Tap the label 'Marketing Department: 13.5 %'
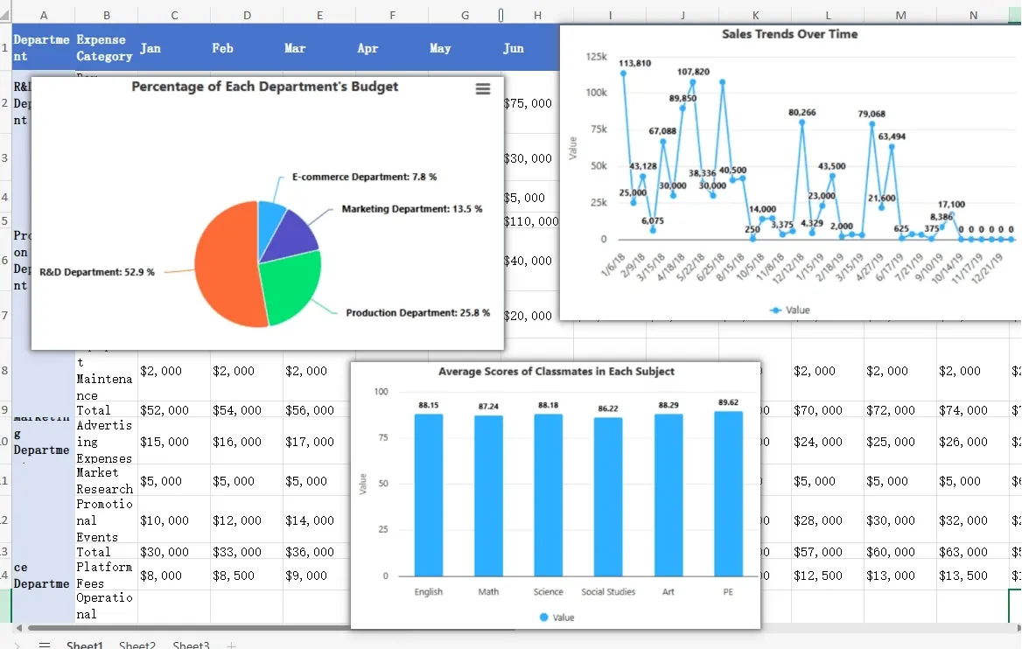pos(411,209)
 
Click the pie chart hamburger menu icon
pos(482,89)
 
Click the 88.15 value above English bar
pos(429,406)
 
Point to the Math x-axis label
pos(488,592)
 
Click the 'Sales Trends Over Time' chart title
pos(789,34)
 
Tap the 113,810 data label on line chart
pos(634,64)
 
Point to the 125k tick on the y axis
pos(595,56)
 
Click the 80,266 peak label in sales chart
pos(801,113)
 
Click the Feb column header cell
pos(222,48)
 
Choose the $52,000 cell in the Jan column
pos(164,410)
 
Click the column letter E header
pos(319,15)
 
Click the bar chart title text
pos(556,372)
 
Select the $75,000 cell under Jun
pos(528,103)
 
